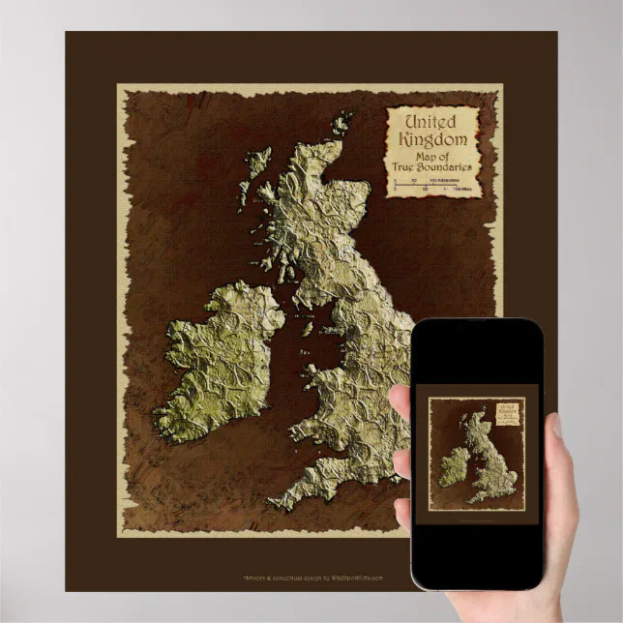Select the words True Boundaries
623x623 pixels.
pos(434,165)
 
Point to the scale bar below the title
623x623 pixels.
pos(432,185)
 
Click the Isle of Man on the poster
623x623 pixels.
pos(307,329)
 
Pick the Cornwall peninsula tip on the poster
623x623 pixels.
pos(277,504)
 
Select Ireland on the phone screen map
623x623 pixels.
pos(453,466)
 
